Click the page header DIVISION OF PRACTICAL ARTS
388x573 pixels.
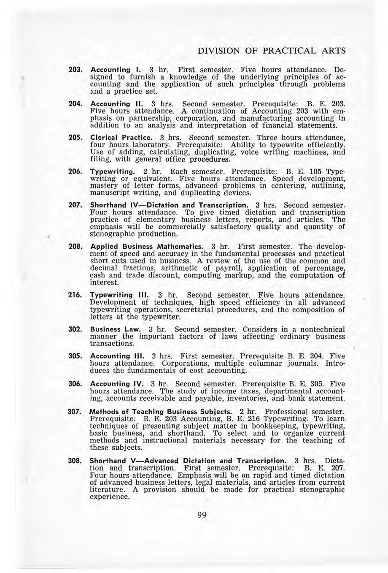pos(272,51)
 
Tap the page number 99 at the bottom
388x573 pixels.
pos(202,516)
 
